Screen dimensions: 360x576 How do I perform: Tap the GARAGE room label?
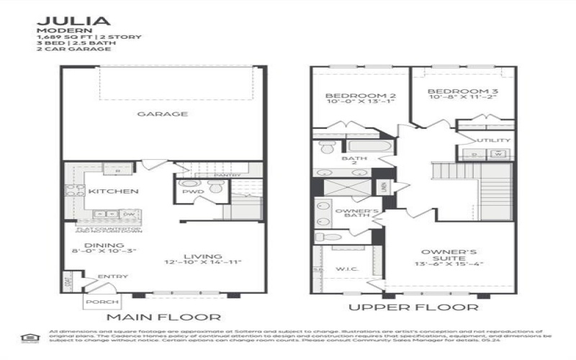(163, 114)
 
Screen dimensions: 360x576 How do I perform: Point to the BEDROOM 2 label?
(350, 95)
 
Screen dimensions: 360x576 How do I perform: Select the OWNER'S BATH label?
(357, 214)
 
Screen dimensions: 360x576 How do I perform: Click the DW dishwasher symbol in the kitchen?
(127, 215)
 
